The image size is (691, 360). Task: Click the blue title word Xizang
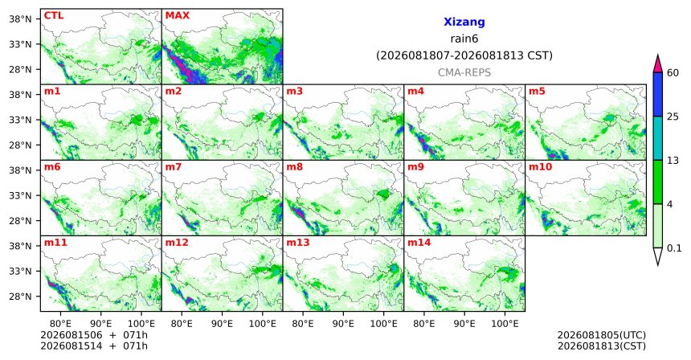[x=464, y=22]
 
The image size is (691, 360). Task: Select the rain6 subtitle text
[x=464, y=39]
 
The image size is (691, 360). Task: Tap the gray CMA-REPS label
[x=464, y=72]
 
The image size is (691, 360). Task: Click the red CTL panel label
[x=54, y=15]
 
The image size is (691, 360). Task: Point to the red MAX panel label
[x=177, y=15]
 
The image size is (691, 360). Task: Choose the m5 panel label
[x=537, y=92]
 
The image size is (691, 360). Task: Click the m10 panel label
[x=540, y=167]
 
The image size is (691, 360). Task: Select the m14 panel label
[x=419, y=243]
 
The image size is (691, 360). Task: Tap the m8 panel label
[x=295, y=167]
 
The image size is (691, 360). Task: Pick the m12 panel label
[x=177, y=243]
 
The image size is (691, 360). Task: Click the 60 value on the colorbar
[x=673, y=72]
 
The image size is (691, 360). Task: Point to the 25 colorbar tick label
[x=673, y=117]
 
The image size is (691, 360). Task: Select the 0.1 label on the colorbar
[x=674, y=248]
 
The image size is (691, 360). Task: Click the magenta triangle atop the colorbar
[x=657, y=64]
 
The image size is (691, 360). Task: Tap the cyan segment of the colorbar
[x=657, y=138]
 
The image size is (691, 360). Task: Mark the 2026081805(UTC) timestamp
[x=602, y=336]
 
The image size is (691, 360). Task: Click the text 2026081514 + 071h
[x=94, y=346]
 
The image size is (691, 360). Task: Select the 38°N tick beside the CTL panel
[x=20, y=19]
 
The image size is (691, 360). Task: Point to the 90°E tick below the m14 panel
[x=464, y=324]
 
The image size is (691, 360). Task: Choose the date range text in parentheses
[x=464, y=55]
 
